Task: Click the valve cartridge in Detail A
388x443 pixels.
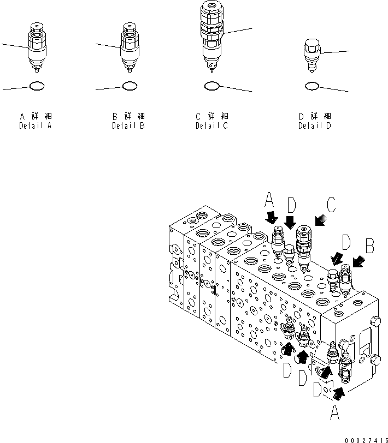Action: point(37,48)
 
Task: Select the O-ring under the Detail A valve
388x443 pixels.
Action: point(37,86)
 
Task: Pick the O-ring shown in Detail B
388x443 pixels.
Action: point(129,86)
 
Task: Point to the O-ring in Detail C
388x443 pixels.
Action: point(212,86)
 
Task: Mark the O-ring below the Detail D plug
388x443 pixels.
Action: point(311,86)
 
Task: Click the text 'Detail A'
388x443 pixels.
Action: point(36,126)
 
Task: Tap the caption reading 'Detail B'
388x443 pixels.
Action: point(128,126)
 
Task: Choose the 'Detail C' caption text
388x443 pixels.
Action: point(212,126)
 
